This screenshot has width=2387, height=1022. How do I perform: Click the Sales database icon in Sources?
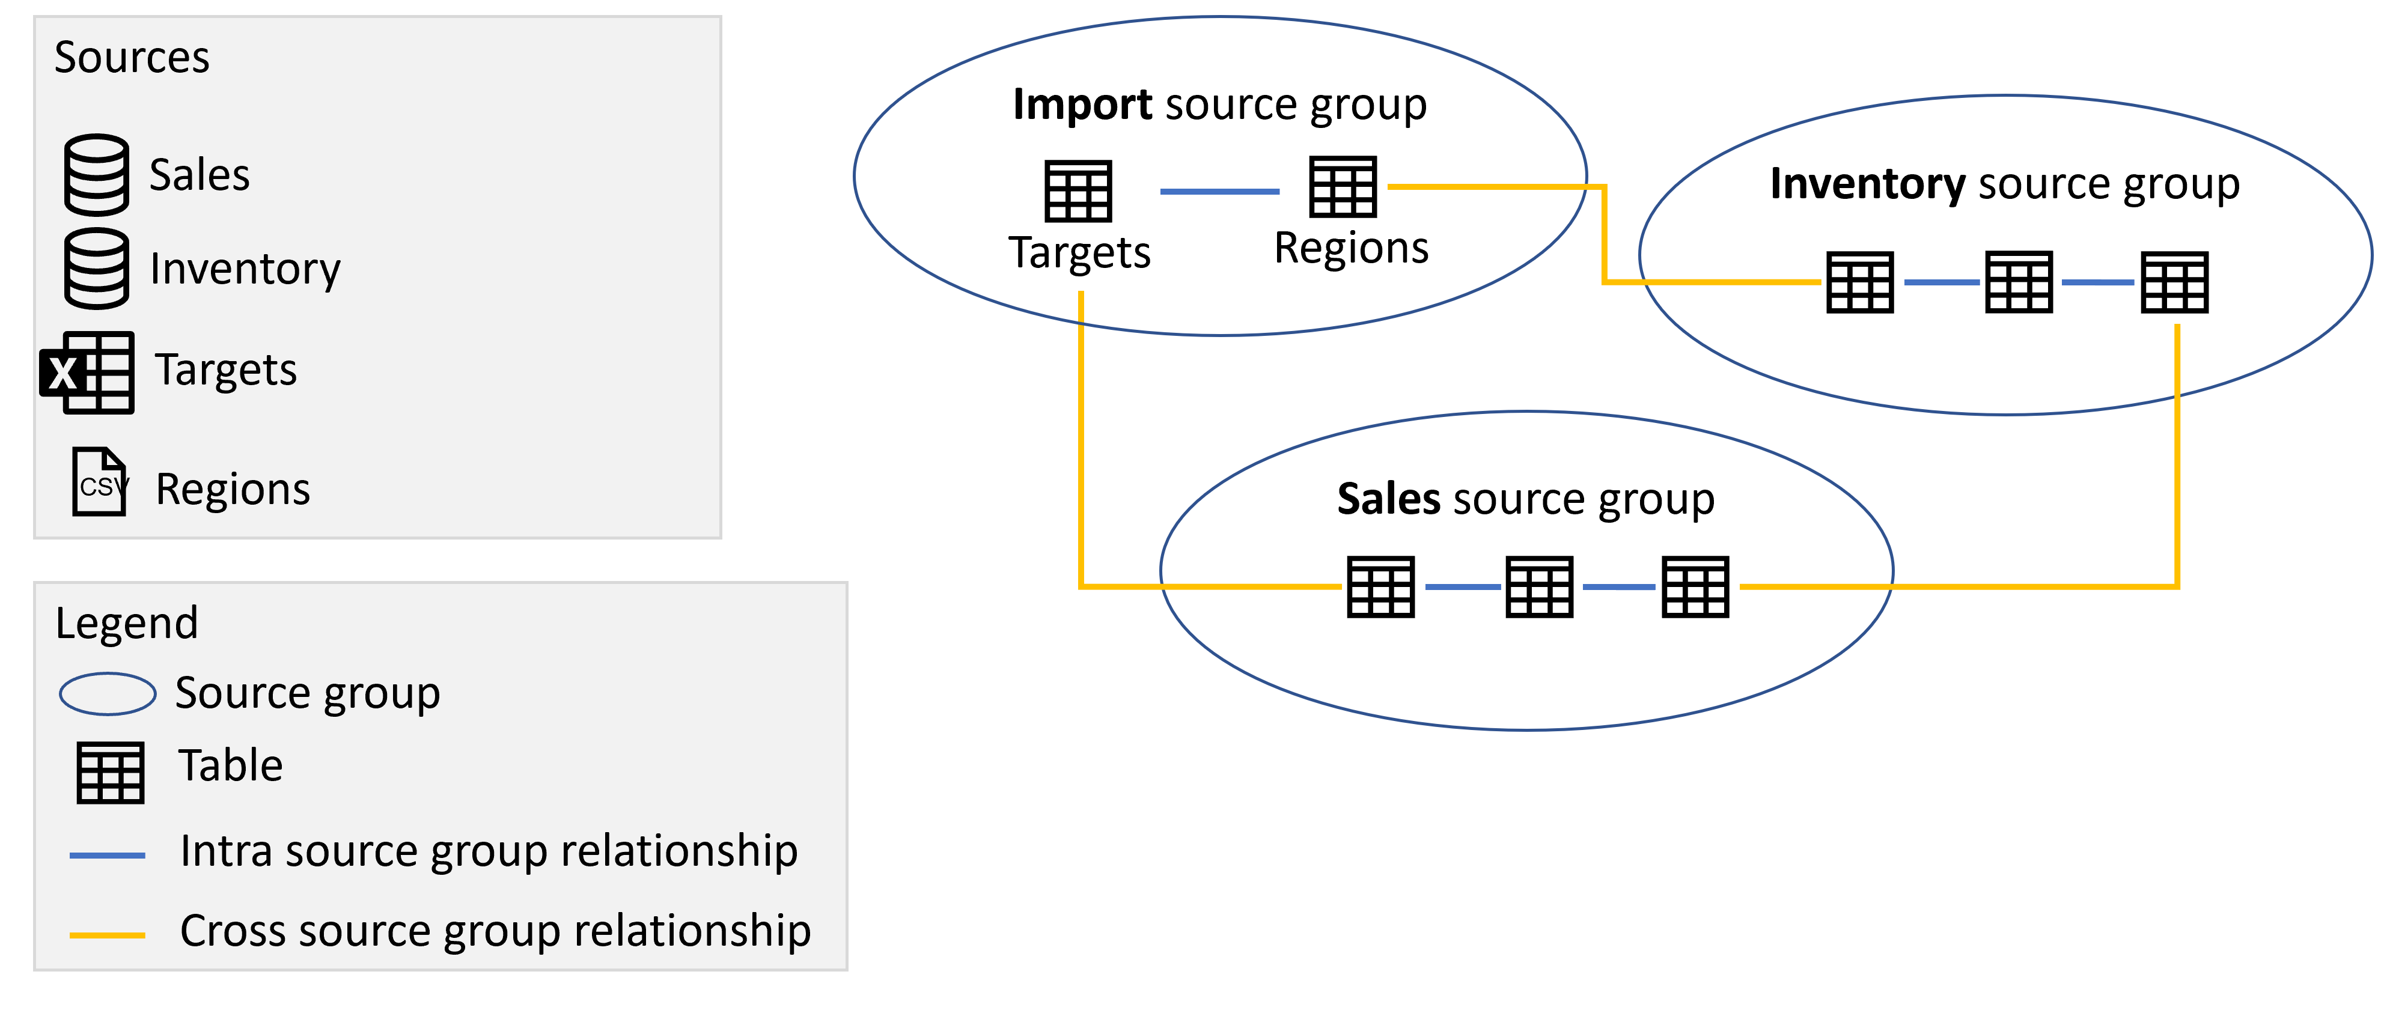[96, 175]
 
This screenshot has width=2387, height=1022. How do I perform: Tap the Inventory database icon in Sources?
[96, 268]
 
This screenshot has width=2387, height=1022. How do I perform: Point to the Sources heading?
[132, 58]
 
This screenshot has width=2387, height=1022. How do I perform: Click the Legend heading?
[126, 622]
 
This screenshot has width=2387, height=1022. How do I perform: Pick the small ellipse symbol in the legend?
[108, 694]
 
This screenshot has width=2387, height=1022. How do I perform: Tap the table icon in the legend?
[110, 773]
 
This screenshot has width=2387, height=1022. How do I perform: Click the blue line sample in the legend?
[108, 855]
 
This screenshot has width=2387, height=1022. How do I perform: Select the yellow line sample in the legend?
[108, 935]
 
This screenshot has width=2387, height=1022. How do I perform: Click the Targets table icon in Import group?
[1078, 191]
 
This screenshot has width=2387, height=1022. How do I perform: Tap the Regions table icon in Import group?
[1343, 186]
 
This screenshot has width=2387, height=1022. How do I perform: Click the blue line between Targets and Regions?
[1219, 191]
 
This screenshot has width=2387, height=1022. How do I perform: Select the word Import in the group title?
[1082, 104]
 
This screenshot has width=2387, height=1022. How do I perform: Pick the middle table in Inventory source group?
[2018, 282]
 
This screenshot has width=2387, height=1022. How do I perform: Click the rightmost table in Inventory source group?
[2174, 282]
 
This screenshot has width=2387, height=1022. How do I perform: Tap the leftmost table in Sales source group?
[1380, 586]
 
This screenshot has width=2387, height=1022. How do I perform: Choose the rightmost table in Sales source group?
[1695, 586]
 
